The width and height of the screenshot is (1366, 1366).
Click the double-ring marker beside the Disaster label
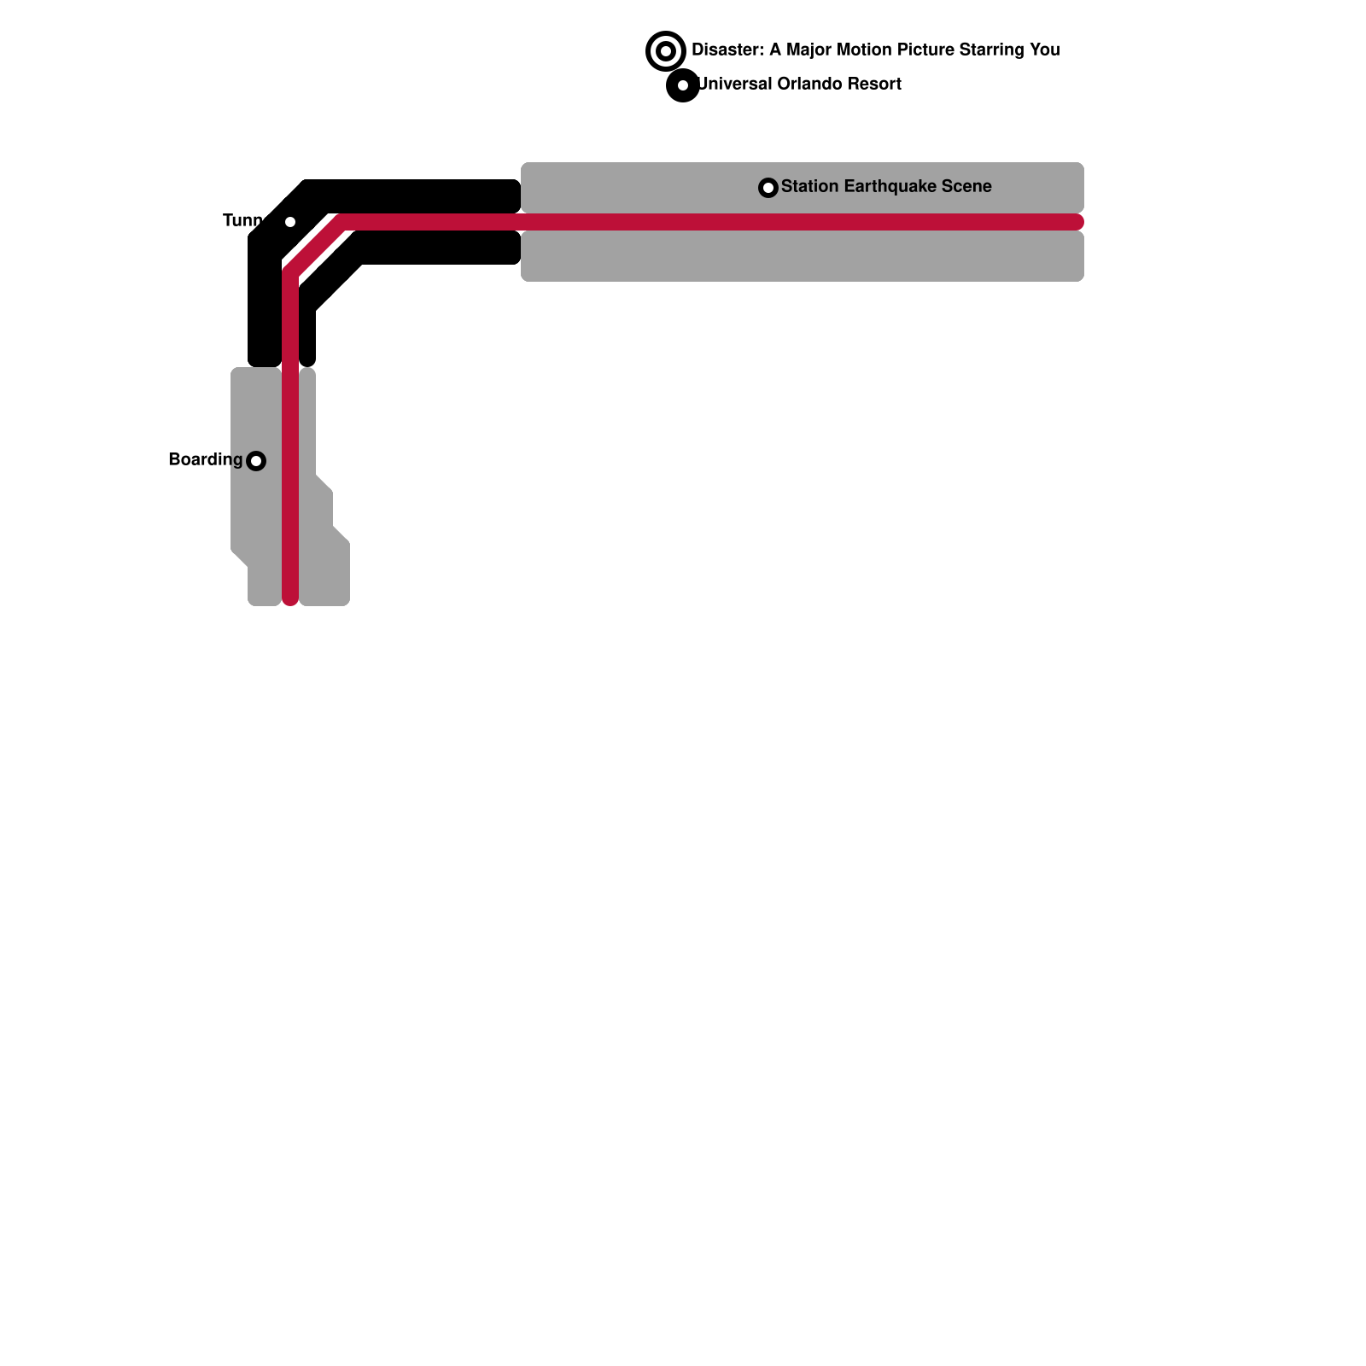[x=666, y=51]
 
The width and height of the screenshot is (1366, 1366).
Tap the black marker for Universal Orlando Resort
[x=683, y=85]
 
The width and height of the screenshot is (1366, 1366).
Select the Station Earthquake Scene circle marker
[x=768, y=188]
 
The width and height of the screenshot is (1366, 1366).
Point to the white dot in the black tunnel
[x=290, y=222]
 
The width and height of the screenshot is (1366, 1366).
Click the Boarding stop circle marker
[x=256, y=461]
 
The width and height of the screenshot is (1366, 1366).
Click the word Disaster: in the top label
[x=727, y=50]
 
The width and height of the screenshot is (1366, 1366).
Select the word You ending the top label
[x=1044, y=50]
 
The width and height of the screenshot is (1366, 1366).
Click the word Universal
[x=735, y=85]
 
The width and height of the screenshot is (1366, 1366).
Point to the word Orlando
[x=809, y=85]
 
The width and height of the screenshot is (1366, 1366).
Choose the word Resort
[x=873, y=85]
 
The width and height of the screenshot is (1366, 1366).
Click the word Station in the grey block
[x=809, y=187]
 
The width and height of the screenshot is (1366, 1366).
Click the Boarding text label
[x=206, y=460]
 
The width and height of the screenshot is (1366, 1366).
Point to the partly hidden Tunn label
[x=242, y=221]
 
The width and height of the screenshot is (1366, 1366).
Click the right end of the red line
[x=1077, y=222]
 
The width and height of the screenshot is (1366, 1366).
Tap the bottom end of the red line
[x=290, y=599]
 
